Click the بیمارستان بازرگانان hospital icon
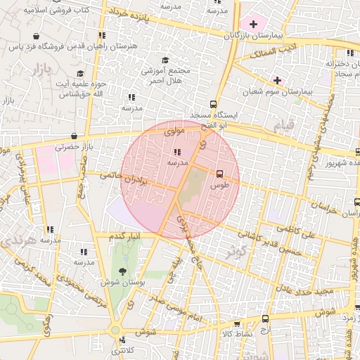[x=253, y=24]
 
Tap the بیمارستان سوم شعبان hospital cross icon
[x=278, y=80]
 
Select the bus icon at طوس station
[x=219, y=173]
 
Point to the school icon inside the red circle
[x=176, y=151]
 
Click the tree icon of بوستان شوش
[x=124, y=271]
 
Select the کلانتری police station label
[x=124, y=349]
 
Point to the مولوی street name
[x=174, y=131]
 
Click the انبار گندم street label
[x=124, y=236]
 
